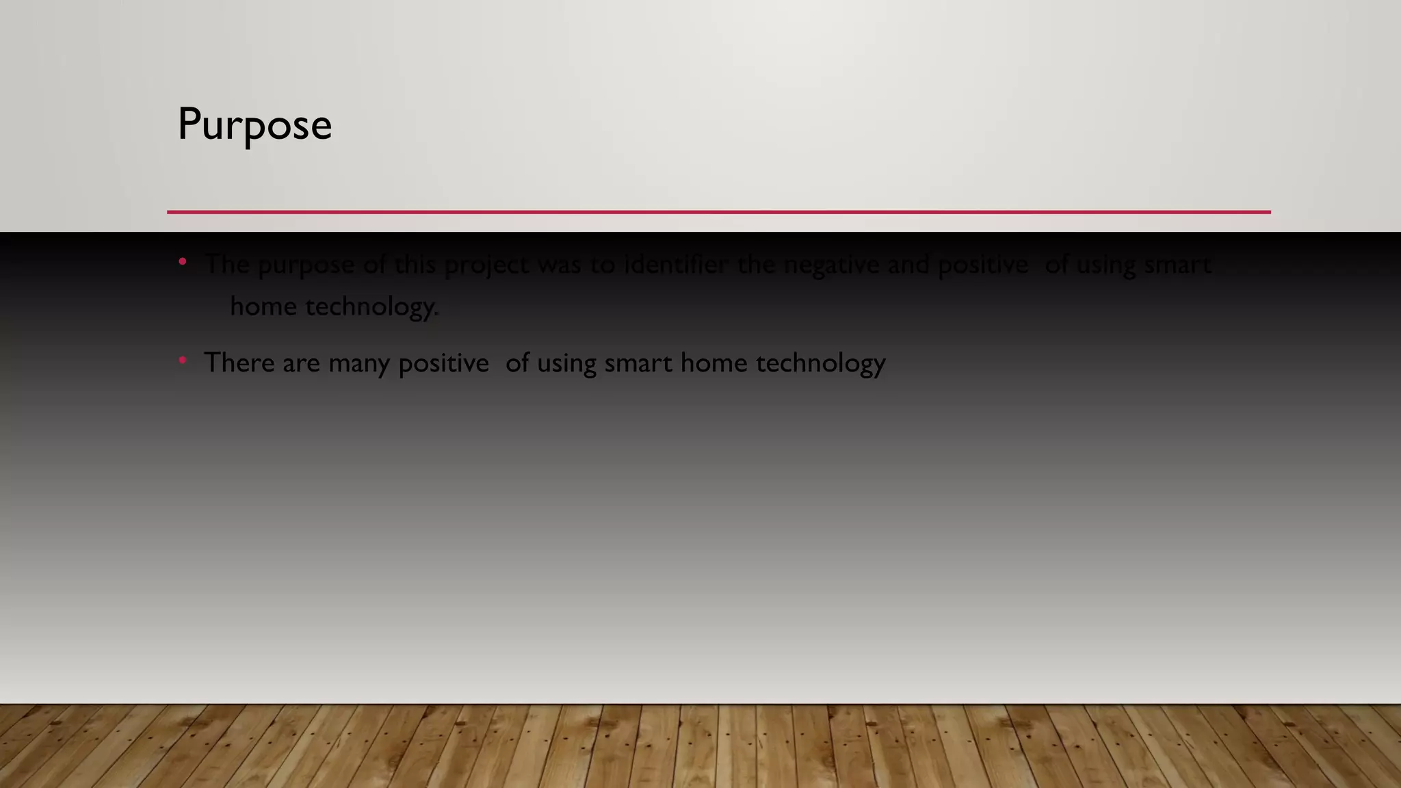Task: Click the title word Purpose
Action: pyautogui.click(x=254, y=124)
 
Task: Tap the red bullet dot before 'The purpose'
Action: pyautogui.click(x=183, y=261)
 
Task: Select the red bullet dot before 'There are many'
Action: pyautogui.click(x=183, y=360)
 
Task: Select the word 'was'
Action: pyautogui.click(x=560, y=265)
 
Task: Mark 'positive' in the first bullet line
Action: pyautogui.click(x=982, y=265)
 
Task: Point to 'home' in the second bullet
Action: pyautogui.click(x=713, y=363)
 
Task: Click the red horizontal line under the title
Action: pyautogui.click(x=718, y=212)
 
